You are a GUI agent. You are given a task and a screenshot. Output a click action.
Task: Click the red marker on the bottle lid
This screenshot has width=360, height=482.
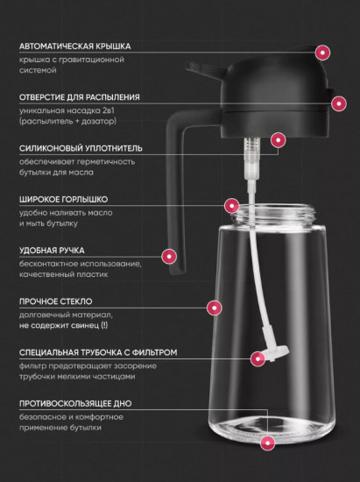tap(323, 53)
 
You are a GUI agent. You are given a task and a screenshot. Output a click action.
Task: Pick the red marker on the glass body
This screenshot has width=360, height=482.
tap(212, 308)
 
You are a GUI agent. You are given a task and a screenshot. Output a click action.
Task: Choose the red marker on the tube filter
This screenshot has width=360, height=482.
tap(258, 358)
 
